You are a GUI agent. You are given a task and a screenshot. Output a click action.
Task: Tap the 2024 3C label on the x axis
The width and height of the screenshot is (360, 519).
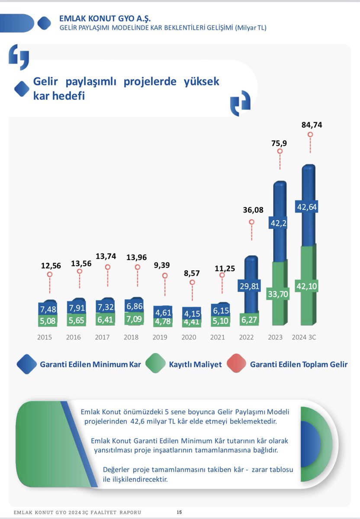pyautogui.click(x=304, y=337)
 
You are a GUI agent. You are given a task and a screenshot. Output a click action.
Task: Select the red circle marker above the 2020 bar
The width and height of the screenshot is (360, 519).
pyautogui.click(x=192, y=282)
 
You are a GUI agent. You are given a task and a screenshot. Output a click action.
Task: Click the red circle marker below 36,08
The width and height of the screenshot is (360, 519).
pyautogui.click(x=251, y=222)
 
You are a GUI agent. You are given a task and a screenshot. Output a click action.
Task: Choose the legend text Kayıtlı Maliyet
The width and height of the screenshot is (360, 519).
pyautogui.click(x=195, y=364)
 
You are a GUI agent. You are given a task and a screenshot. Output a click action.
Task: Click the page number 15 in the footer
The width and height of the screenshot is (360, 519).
pyautogui.click(x=179, y=512)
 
